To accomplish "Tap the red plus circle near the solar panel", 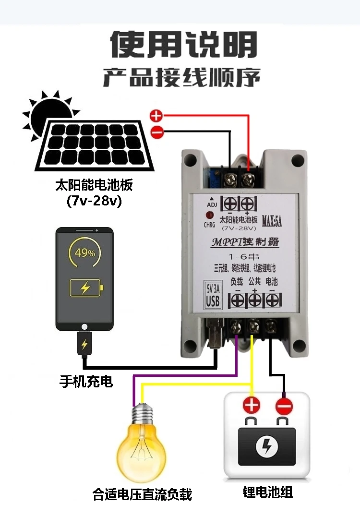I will tap(156, 116).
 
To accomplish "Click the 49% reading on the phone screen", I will tap(85, 253).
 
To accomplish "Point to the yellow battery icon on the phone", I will tap(86, 288).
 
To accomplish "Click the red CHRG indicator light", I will tap(210, 216).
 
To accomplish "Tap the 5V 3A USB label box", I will tap(213, 294).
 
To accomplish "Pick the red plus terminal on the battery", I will tap(252, 406).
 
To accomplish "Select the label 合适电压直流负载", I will tap(143, 494).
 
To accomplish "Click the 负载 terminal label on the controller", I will tap(237, 281).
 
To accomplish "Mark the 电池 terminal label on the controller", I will tap(272, 281).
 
